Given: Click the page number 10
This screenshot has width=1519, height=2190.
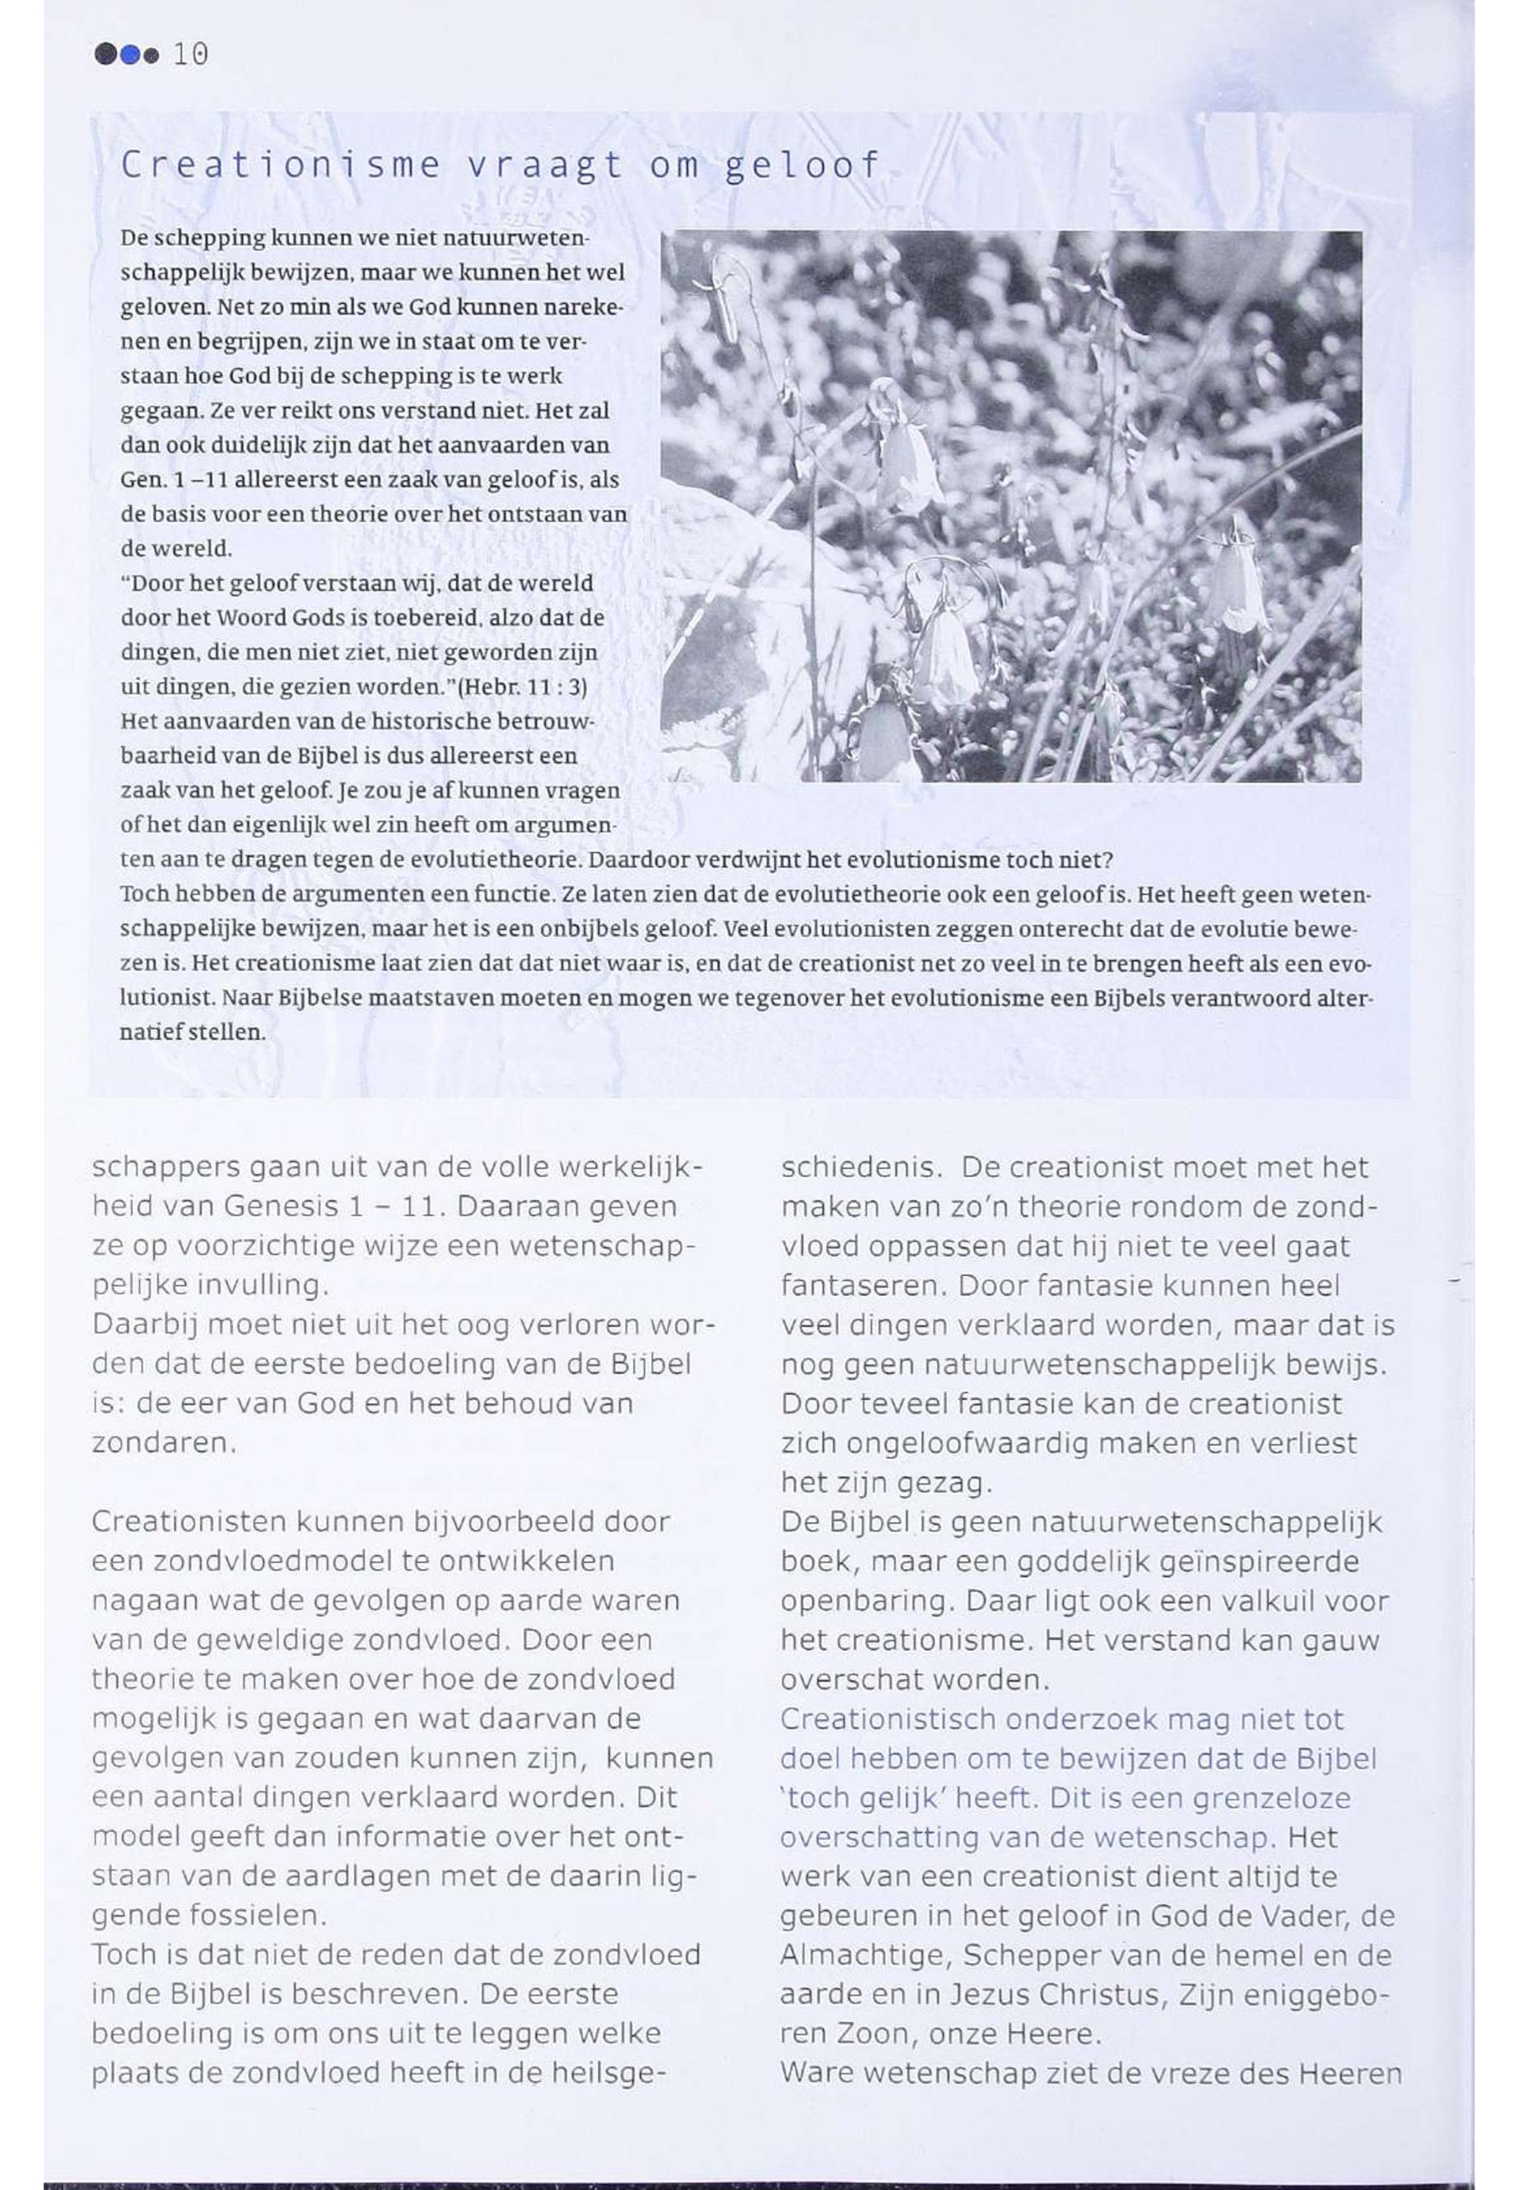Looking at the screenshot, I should [190, 55].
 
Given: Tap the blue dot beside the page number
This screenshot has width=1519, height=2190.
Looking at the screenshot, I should [129, 55].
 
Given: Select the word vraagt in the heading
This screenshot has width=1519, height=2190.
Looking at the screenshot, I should [543, 165].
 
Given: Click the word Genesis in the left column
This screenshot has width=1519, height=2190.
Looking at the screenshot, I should [281, 1207].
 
